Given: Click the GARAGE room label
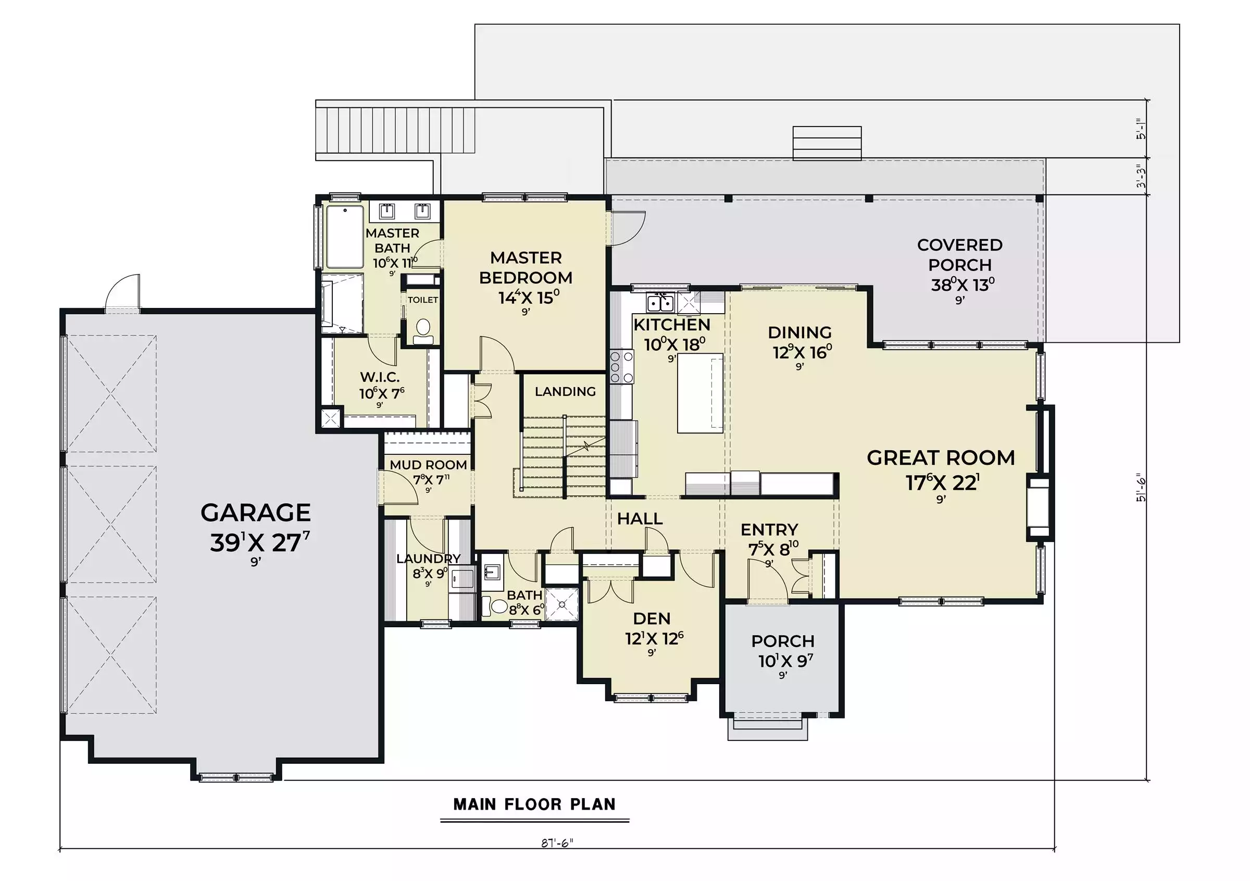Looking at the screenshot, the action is [x=255, y=512].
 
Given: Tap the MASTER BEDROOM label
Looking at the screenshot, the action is [x=526, y=267].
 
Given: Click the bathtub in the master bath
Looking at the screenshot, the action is [x=345, y=237].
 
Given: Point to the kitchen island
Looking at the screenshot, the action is [x=701, y=393].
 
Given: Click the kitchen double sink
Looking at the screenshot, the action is [x=660, y=302].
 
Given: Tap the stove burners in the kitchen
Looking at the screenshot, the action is [x=621, y=367].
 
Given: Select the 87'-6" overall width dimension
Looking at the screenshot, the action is [x=557, y=843].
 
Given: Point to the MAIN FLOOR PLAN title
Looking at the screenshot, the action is [x=534, y=804].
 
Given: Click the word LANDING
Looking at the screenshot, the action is [x=565, y=391].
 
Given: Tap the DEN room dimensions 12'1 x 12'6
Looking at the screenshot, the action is [x=654, y=638].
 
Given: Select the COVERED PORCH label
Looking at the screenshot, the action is [x=960, y=255].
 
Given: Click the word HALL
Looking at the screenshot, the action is [x=640, y=518].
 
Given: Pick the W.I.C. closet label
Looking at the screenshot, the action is [x=380, y=377].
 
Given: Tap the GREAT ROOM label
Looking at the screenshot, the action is [x=941, y=458].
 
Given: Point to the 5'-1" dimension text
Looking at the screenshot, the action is [x=1141, y=129].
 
